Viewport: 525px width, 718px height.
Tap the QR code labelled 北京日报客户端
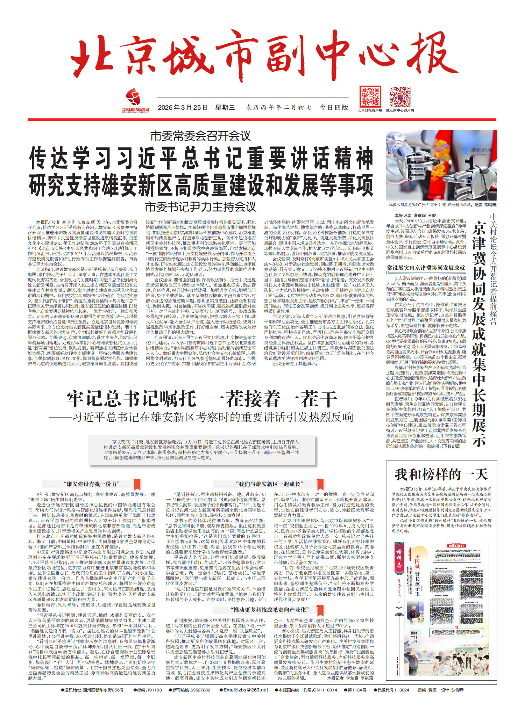(370, 97)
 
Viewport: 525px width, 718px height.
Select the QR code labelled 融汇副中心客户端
(400, 97)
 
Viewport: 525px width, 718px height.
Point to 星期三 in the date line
(225, 108)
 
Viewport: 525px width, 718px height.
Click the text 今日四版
(334, 108)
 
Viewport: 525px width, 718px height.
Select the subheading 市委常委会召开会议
(200, 136)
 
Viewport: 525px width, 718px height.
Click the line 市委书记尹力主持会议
(200, 207)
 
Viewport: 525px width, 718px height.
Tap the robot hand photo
(441, 165)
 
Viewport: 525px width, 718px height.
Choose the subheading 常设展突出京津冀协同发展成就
(426, 268)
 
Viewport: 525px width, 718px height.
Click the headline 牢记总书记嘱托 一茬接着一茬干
(202, 399)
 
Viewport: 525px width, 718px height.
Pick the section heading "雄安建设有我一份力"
(92, 484)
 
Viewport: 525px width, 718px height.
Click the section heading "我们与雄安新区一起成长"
(269, 484)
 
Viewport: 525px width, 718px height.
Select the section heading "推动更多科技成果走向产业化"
(270, 610)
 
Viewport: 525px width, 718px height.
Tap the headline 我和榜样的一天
(441, 474)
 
